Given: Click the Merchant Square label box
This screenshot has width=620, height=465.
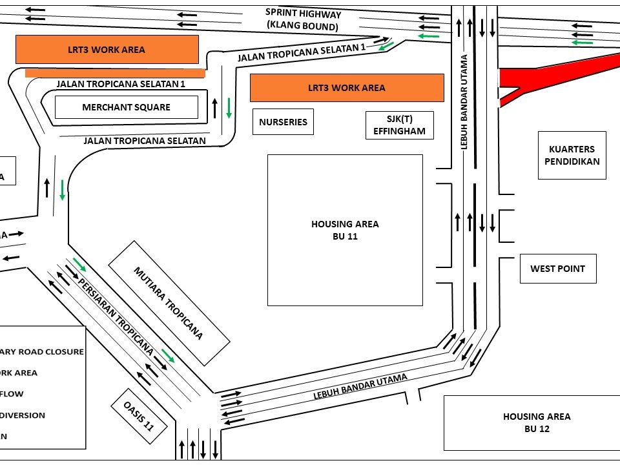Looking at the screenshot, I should pos(126,107).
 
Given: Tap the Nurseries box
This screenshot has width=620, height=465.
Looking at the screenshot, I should pos(283,121).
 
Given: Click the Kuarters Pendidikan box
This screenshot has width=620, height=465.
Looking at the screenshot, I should pos(571,156).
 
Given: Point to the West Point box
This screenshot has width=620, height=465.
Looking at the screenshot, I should pos(557,269).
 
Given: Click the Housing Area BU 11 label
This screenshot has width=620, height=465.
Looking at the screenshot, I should pos(345,230).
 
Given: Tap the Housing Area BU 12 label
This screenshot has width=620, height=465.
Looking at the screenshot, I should pos(537,422).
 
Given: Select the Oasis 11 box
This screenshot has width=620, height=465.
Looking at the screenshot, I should pos(141,417).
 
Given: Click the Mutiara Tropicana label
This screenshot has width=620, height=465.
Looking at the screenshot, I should pos(169,303).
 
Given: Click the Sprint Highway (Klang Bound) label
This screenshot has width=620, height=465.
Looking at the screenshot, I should pos(303,20).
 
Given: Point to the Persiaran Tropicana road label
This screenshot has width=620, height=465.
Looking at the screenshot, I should pos(116,317).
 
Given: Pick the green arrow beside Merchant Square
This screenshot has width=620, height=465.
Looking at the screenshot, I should pos(229,107).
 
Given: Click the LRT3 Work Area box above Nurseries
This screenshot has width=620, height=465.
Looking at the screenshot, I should pos(347,88).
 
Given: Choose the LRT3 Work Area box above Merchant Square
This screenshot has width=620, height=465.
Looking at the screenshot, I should pos(107,49).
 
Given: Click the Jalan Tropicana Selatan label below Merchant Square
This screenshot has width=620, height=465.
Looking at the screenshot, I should pos(145,140).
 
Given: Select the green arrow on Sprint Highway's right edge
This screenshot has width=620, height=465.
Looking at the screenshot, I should pos(581,42).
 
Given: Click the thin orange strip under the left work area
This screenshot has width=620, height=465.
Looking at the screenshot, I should pos(115,73).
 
